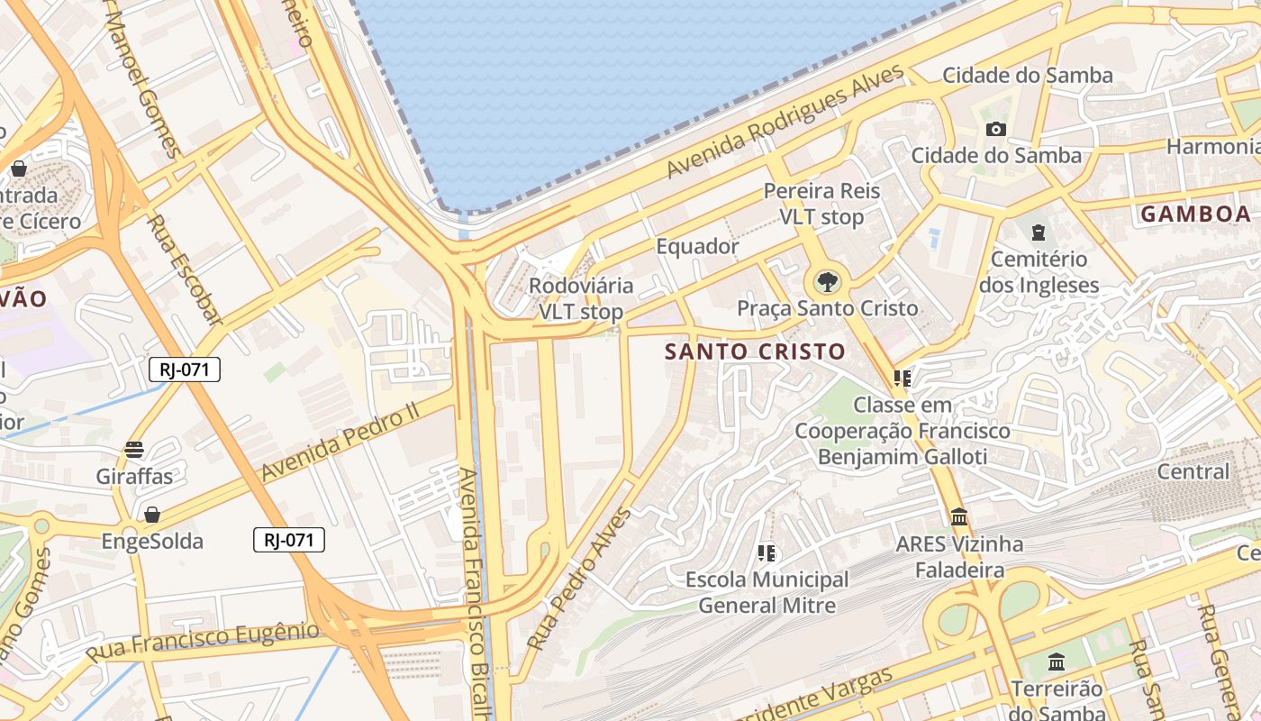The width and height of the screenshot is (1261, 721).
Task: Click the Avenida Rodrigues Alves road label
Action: point(785,122)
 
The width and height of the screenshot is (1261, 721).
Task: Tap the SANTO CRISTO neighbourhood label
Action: point(755,351)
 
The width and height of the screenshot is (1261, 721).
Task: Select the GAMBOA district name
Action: point(1195,214)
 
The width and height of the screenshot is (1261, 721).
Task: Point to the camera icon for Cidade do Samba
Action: point(995,129)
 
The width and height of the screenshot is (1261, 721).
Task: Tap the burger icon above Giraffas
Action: point(134,450)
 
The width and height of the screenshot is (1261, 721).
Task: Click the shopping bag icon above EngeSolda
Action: point(152,515)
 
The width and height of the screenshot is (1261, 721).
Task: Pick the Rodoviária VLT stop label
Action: point(581,299)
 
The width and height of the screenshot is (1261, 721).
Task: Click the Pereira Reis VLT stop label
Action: point(821,204)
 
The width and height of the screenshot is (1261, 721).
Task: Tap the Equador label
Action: point(697,246)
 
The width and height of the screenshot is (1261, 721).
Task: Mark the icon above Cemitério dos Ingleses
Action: point(1039,233)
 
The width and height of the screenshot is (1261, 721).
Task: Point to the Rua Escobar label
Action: point(184,269)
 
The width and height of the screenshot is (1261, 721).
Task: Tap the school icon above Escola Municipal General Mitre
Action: point(767,552)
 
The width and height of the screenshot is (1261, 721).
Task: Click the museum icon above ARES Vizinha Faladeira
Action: point(959,517)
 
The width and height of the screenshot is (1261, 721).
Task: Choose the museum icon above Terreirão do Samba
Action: point(1057,662)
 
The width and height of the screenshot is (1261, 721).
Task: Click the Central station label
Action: point(1193,471)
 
